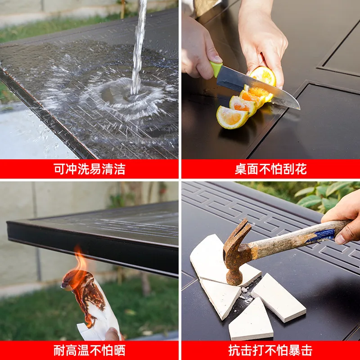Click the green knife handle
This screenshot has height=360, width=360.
[x=216, y=68]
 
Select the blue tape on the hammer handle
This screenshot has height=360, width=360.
[x=320, y=235]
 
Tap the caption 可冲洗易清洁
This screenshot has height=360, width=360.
[x=89, y=169]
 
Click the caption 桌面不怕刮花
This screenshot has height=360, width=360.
[x=271, y=169]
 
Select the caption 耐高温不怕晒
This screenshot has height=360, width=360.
[x=89, y=351]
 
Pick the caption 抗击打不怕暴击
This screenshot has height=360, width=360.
[x=270, y=351]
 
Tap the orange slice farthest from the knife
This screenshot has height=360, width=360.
[x=232, y=117]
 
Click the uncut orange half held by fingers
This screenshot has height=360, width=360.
[x=263, y=76]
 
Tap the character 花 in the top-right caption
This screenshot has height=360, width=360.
[x=301, y=169]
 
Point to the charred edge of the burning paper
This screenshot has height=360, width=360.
[x=87, y=298]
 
